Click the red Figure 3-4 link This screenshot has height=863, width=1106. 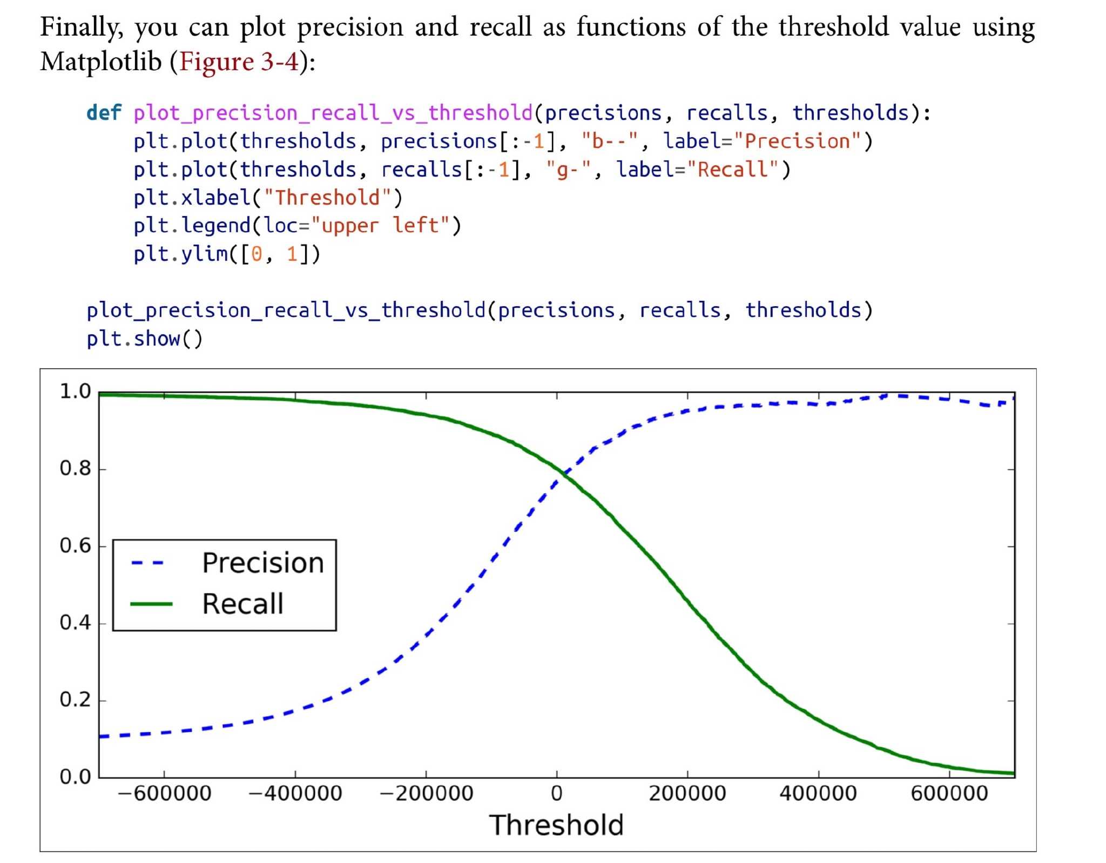point(239,62)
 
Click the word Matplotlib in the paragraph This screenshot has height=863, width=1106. point(101,62)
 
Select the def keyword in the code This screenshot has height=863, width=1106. point(104,113)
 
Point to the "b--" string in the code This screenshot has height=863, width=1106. point(610,141)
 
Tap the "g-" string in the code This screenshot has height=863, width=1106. point(569,170)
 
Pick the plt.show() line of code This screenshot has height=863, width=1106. point(145,339)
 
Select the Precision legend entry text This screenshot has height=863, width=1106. point(263,563)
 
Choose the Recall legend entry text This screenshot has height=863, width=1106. point(242,604)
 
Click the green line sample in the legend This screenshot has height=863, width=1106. point(151,604)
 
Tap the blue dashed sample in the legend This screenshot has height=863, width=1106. point(147,563)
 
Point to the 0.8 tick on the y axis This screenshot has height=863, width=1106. point(76,468)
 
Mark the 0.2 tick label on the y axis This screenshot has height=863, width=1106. point(76,700)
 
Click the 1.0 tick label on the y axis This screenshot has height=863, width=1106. point(76,391)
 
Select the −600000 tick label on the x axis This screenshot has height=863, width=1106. point(165,793)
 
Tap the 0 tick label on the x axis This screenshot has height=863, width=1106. point(557,793)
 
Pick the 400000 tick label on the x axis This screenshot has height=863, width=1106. point(818,793)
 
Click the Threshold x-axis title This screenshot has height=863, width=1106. point(556,825)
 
